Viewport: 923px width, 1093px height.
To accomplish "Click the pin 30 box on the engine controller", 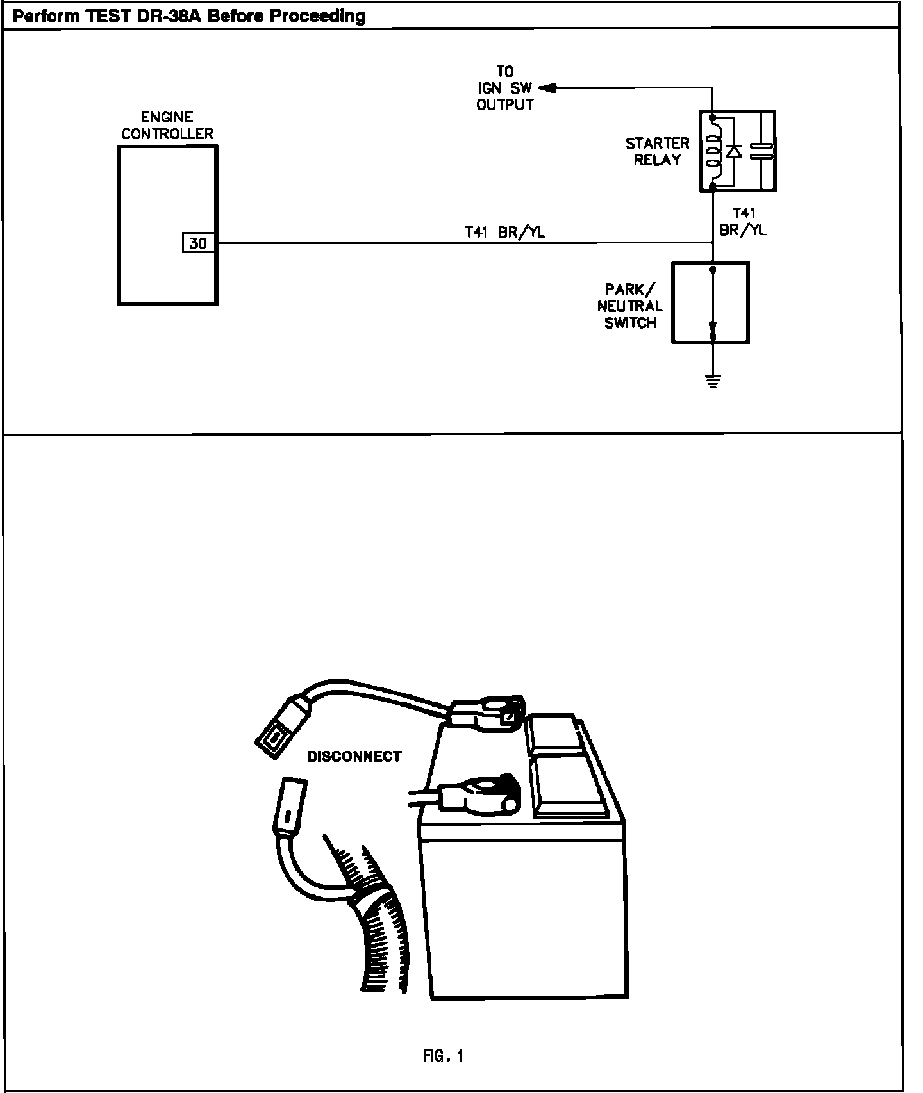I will (x=198, y=243).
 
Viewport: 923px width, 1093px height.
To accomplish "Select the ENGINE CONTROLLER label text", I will (x=167, y=126).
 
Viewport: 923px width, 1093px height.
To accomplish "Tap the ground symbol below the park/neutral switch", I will (x=712, y=382).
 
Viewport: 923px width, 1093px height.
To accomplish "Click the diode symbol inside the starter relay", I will (x=734, y=151).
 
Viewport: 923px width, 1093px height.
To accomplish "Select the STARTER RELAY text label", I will (x=657, y=151).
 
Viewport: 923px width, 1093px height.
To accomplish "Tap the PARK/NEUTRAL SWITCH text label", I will (x=630, y=306).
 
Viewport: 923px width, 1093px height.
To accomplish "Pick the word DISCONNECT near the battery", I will (x=354, y=757).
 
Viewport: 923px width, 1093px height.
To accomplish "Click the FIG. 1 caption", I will (x=443, y=1056).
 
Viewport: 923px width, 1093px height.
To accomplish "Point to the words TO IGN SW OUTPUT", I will (x=505, y=88).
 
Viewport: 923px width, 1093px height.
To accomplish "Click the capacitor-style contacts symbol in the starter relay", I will (x=761, y=151).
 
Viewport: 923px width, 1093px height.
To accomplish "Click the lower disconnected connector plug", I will (x=288, y=809).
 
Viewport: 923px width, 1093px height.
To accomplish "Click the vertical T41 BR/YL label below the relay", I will (x=744, y=222).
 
